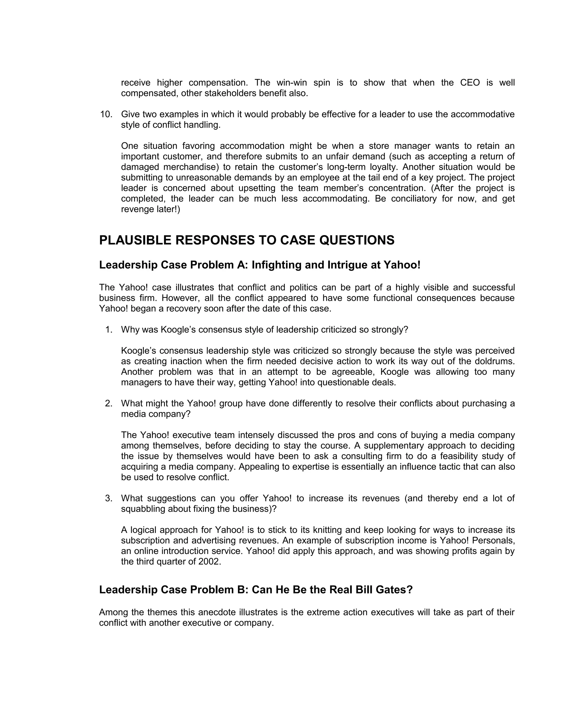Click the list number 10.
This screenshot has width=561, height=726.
tap(106, 114)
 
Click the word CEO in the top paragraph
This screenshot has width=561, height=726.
tap(470, 83)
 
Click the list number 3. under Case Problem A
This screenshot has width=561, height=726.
tap(109, 498)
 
